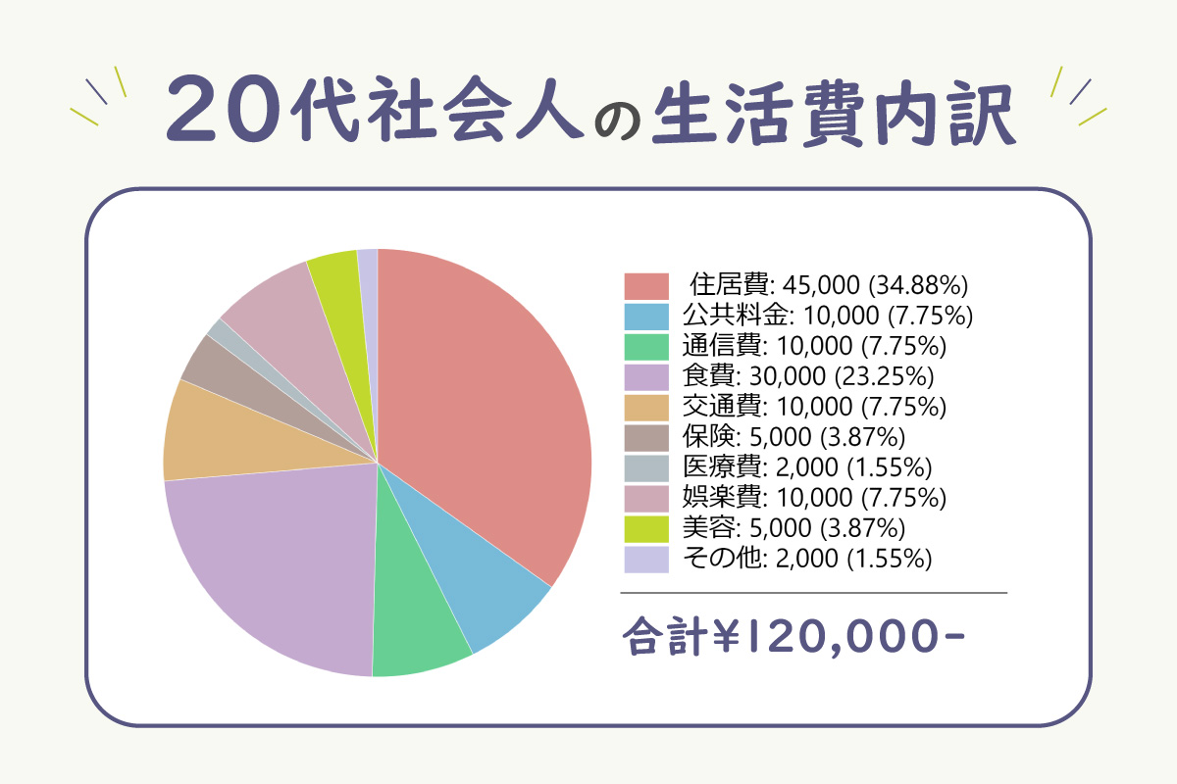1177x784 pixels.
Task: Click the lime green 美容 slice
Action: [x=341, y=316]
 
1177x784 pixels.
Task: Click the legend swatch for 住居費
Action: [x=646, y=286]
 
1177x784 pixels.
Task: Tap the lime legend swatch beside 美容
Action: [x=646, y=529]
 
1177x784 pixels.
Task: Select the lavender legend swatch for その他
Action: [x=646, y=560]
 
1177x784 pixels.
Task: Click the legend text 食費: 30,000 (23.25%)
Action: [x=808, y=376]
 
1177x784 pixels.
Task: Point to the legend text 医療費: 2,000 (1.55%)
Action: [x=807, y=467]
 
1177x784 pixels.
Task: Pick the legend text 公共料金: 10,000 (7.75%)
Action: [x=828, y=316]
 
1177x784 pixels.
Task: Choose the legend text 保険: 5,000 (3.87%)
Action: [x=793, y=437]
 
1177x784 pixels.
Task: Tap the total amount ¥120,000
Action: [x=840, y=636]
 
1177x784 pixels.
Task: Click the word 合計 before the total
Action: [x=665, y=636]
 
